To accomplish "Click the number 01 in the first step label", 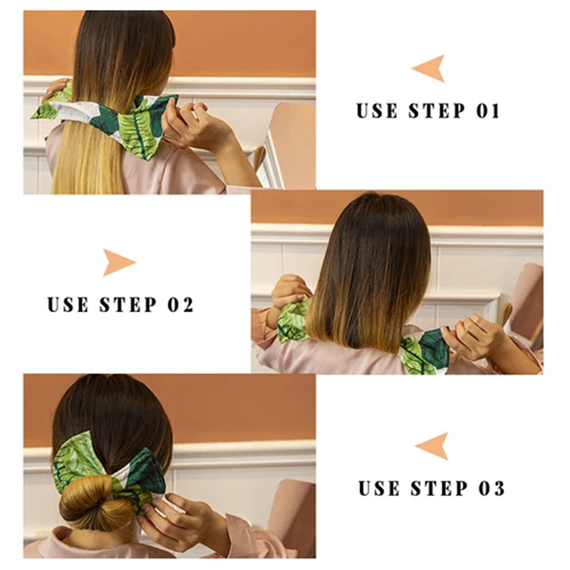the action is (488, 111).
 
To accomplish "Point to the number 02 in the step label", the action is (181, 305).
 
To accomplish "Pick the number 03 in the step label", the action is (492, 488).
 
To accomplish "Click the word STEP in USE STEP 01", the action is (436, 111).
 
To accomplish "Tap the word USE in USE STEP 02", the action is (68, 305).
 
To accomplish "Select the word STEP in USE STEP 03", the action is (439, 488).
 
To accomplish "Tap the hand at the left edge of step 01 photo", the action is (55, 88).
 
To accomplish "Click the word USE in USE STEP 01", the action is (377, 111).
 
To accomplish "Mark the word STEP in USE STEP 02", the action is (128, 305).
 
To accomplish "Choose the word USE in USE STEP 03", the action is (380, 488).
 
